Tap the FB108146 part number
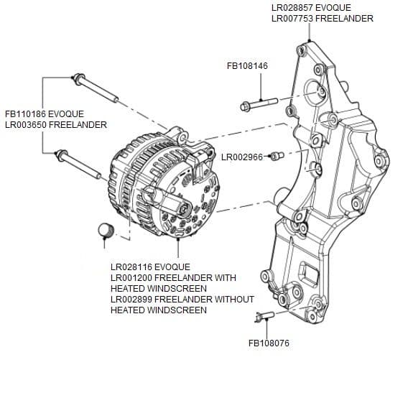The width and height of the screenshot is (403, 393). (247, 65)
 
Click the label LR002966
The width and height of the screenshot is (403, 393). (242, 157)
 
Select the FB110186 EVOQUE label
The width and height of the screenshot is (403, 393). (45, 114)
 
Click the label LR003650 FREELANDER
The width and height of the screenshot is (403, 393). (56, 125)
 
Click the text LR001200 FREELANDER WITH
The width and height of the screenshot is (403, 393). (173, 278)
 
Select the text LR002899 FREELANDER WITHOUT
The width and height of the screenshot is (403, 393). (182, 300)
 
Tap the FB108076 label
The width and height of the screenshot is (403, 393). (269, 343)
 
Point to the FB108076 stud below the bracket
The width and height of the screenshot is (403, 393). (264, 316)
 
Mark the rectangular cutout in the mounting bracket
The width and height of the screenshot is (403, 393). (310, 274)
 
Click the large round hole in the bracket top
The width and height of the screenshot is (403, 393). (314, 91)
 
